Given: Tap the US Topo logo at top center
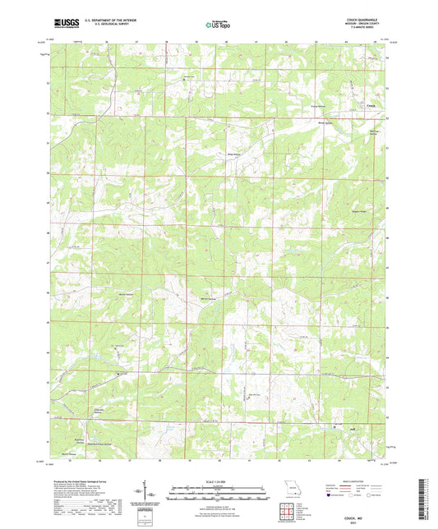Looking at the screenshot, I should (218, 25).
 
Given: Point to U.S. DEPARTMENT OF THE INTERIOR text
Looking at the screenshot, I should (108, 21).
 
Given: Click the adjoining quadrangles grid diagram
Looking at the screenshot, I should (288, 514).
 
